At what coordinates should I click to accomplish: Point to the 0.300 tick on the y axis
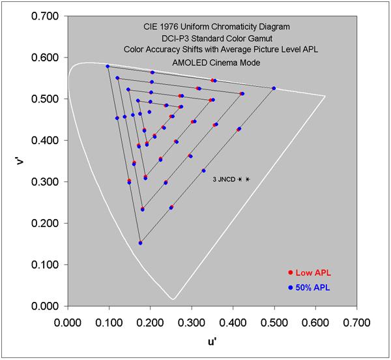coord(67,181)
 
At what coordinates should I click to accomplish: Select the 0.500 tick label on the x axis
coord(274,322)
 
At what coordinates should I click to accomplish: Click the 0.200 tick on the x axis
coord(150,306)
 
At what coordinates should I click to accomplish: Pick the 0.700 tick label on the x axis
coord(357,322)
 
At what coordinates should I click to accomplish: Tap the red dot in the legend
coord(290,273)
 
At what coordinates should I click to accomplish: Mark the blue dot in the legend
coord(290,286)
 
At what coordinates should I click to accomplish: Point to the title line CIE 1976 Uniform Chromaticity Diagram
coord(212,28)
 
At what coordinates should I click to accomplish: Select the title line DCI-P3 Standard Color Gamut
coord(212,38)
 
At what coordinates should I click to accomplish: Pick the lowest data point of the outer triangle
coord(140,243)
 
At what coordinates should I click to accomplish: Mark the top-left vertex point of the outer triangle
coord(108,67)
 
